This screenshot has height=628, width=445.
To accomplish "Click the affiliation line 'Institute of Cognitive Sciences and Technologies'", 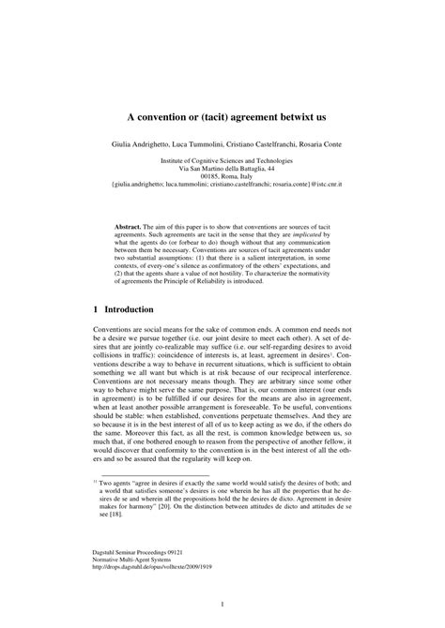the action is (222, 160).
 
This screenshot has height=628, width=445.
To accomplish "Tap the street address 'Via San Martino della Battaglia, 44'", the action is (222, 168).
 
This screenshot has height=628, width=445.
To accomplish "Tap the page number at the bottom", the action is (222, 605).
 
